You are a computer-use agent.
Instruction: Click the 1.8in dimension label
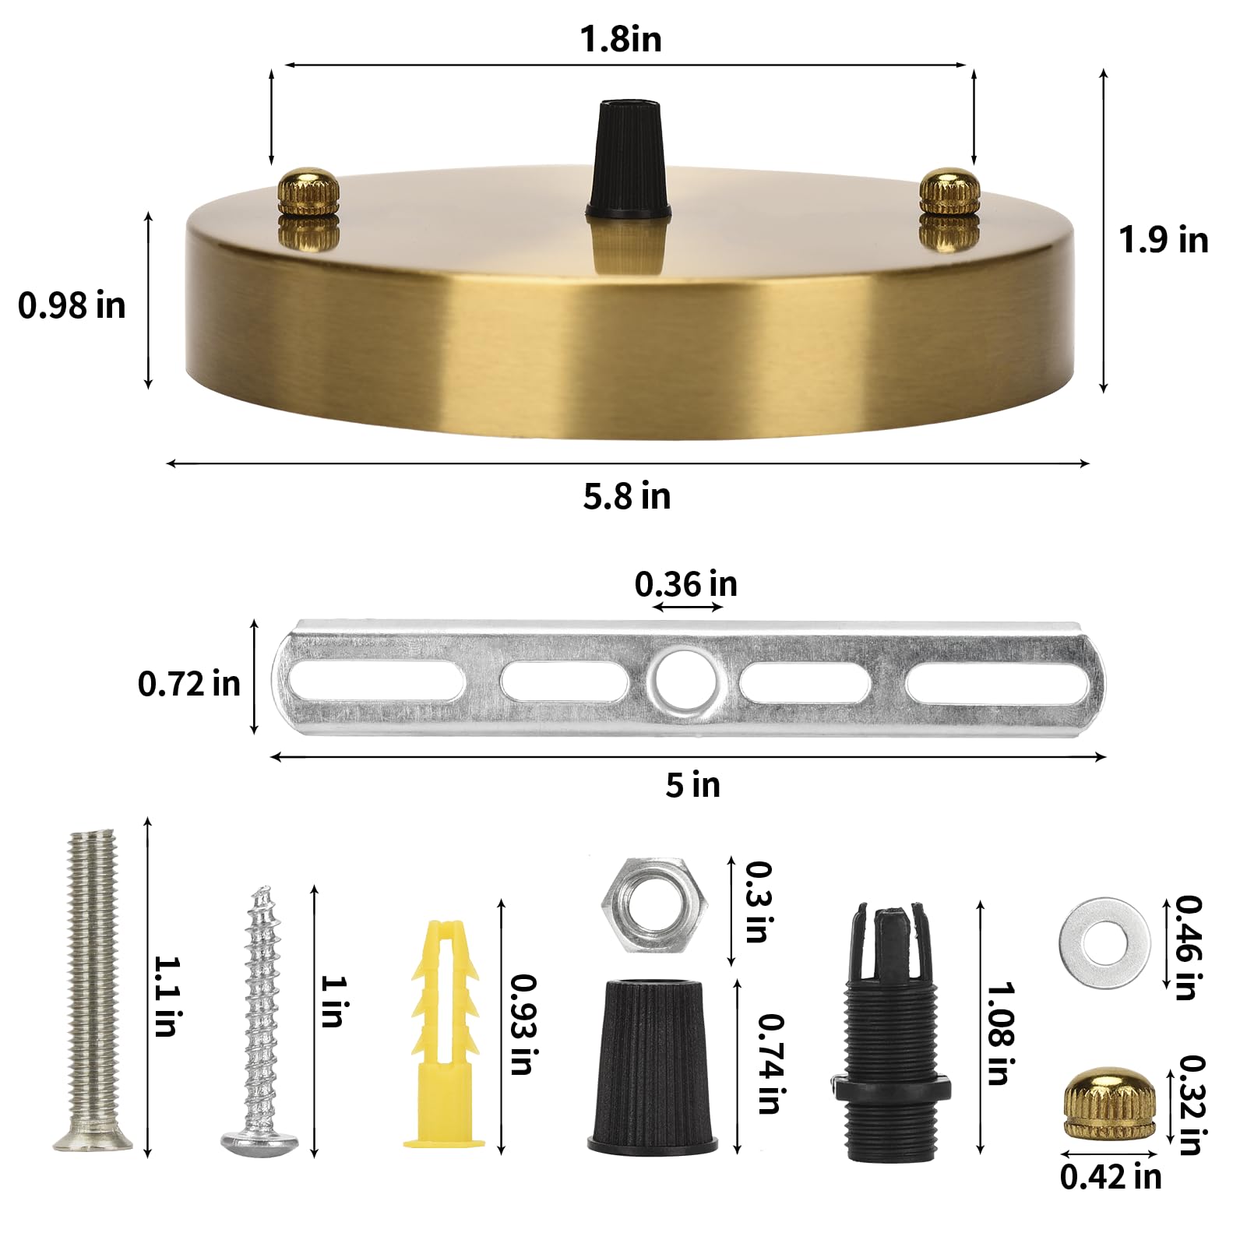[x=621, y=39]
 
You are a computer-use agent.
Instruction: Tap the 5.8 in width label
[x=626, y=496]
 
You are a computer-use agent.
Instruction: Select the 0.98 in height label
[x=72, y=305]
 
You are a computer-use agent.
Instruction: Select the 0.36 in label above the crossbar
[x=685, y=584]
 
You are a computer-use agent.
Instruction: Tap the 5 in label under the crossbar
[x=692, y=784]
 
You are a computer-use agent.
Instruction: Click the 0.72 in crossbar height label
[x=188, y=684]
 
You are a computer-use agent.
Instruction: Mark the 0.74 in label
[x=770, y=1063]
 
